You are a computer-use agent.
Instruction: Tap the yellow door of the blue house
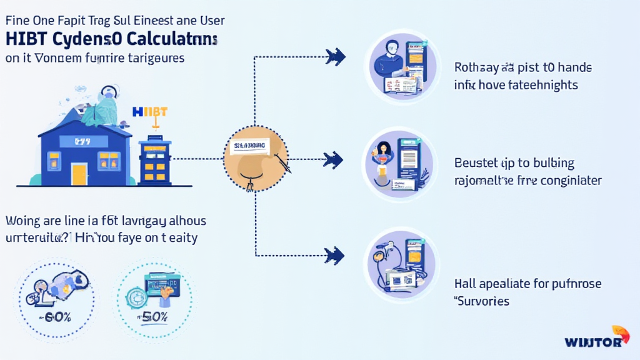[x=79, y=173]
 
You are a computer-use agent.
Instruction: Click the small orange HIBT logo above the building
[x=150, y=112]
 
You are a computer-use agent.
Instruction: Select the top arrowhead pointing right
[x=335, y=57]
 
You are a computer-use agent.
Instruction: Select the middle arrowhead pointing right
[x=334, y=160]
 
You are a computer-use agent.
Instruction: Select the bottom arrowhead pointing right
[x=335, y=254]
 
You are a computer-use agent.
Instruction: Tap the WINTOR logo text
[x=592, y=342]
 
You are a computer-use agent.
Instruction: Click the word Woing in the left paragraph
[x=22, y=221]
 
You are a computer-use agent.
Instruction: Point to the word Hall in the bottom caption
[x=464, y=284]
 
